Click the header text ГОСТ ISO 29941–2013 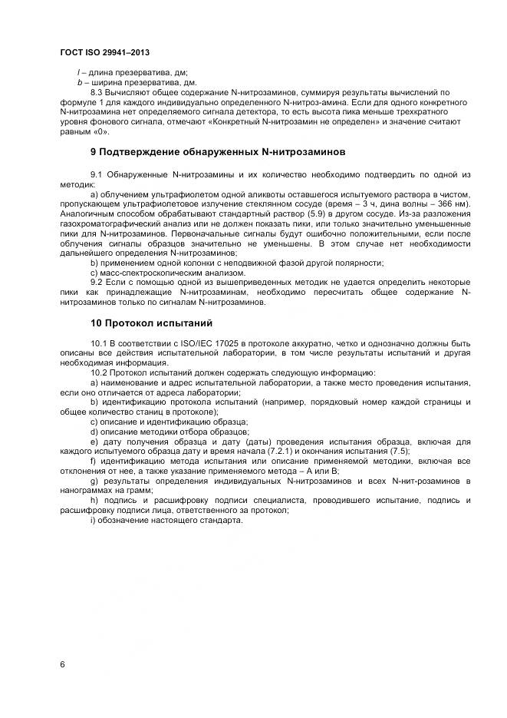(x=104, y=52)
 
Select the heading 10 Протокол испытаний (x=151, y=322)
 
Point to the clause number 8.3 (x=98, y=92)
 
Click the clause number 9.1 (x=98, y=177)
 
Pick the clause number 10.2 (x=100, y=372)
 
